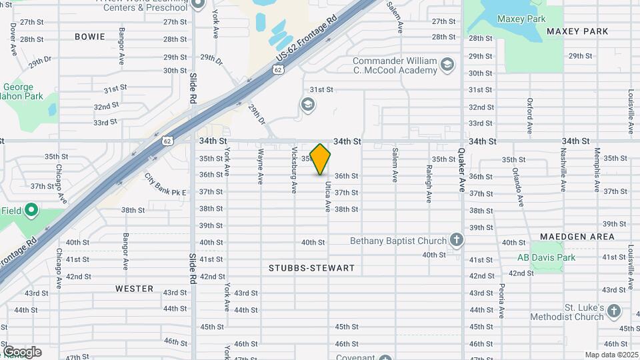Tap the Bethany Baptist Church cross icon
pos(456,239)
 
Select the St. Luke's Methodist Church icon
pos(614,311)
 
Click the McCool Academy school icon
pos(447,65)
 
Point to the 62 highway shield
pos(167,140)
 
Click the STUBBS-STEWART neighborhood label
pos(311,268)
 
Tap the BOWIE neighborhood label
pos(90,37)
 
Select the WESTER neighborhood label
pos(134,289)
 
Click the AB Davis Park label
pos(547,257)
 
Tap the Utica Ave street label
pos(328,197)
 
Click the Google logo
pos(22,352)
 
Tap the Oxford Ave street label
pos(529,116)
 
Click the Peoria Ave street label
pos(501,300)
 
